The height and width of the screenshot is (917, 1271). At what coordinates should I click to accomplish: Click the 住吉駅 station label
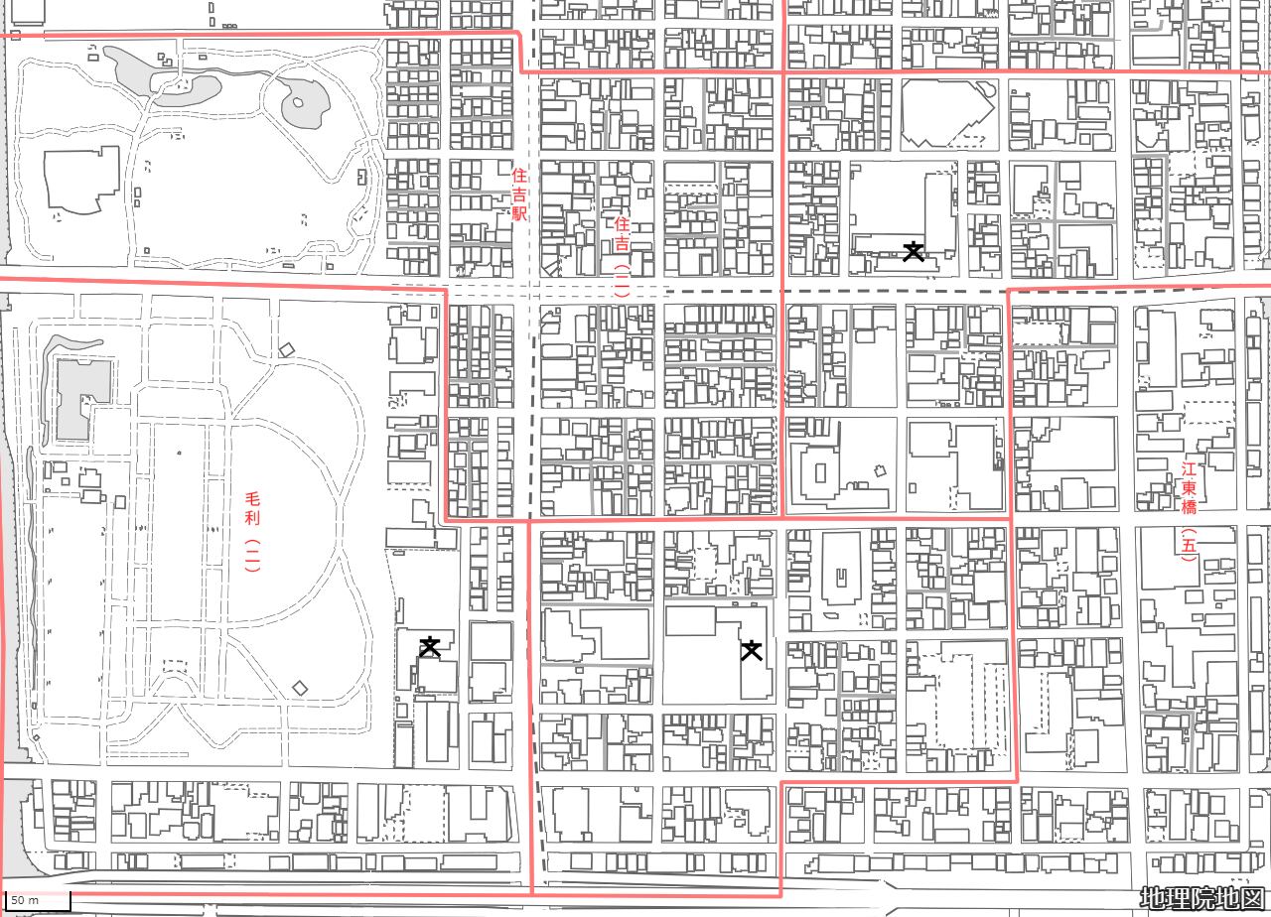[x=519, y=194]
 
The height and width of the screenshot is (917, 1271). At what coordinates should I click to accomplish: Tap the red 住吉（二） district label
[x=623, y=257]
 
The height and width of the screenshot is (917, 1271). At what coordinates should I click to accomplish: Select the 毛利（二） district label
[x=252, y=531]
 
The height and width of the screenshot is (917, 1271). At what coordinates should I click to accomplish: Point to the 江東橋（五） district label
[x=1189, y=511]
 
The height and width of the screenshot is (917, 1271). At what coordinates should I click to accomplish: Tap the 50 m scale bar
[x=38, y=900]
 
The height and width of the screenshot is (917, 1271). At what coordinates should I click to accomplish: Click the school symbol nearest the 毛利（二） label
[x=430, y=647]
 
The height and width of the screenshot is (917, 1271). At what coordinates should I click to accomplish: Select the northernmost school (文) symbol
[x=914, y=251]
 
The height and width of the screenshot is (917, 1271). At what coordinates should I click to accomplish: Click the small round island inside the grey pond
[x=299, y=102]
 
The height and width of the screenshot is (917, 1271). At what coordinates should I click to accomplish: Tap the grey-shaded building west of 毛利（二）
[x=82, y=399]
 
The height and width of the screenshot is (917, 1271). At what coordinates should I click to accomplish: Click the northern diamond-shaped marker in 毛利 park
[x=287, y=350]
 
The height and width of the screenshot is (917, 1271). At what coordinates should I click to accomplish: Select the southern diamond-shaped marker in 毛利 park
[x=300, y=689]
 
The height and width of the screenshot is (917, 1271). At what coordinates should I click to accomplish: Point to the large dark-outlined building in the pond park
[x=82, y=180]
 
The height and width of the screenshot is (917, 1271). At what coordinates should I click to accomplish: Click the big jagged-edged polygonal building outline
[x=947, y=113]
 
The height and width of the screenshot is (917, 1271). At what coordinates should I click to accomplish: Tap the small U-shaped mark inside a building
[x=841, y=579]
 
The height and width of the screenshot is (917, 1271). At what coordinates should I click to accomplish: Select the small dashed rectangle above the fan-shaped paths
[x=175, y=666]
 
